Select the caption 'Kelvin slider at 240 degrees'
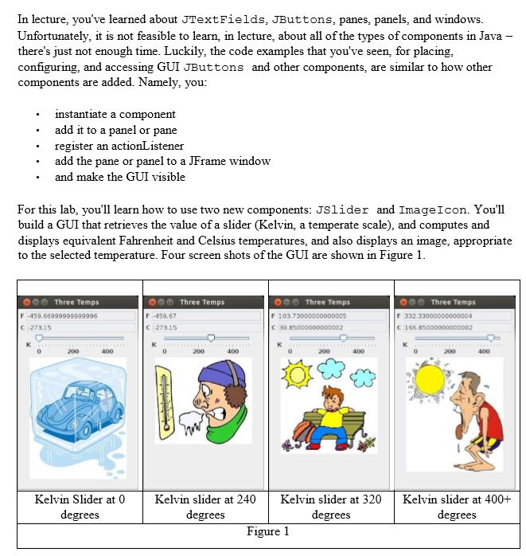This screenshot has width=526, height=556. pos(205,507)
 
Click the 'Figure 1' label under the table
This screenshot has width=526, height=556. pos(268,531)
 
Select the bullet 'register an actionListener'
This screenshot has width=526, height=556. pos(119,146)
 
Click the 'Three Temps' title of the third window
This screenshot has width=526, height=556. pos(327,302)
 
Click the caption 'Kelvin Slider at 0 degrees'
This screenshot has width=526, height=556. pos(80,507)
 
